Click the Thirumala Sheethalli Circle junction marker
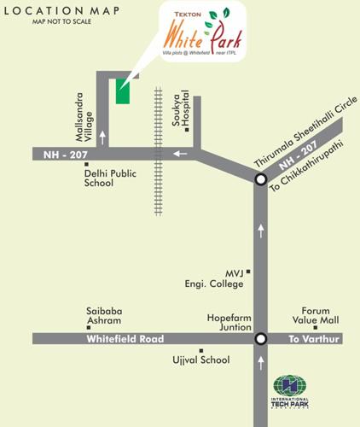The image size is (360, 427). tap(261, 178)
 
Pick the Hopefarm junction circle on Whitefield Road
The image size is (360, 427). tap(261, 338)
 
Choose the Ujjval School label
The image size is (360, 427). tap(203, 360)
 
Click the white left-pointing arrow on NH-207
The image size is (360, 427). tap(179, 155)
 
